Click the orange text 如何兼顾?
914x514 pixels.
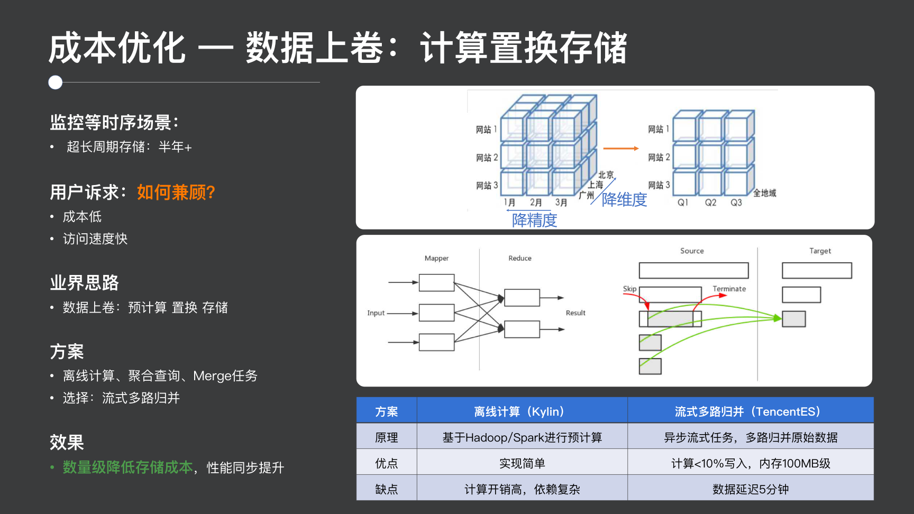point(176,192)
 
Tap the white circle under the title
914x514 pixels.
point(56,82)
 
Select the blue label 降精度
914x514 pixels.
point(534,220)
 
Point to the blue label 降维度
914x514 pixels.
point(624,199)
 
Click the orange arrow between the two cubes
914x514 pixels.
point(620,149)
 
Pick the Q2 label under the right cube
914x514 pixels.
point(710,203)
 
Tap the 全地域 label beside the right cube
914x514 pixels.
point(765,193)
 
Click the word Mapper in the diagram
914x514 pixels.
point(436,258)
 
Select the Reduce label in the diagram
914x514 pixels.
point(520,258)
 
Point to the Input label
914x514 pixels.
point(376,313)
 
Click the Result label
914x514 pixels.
point(575,313)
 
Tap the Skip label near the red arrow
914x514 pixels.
point(629,289)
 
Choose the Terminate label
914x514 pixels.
point(729,289)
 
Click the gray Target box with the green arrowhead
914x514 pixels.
point(794,319)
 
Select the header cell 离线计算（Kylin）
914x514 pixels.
point(522,411)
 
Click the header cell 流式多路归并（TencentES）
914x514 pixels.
point(750,411)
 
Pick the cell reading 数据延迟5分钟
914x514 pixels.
point(750,489)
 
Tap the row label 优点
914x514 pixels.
point(386,463)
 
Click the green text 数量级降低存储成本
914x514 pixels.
point(127,467)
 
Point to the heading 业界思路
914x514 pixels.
point(85,283)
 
